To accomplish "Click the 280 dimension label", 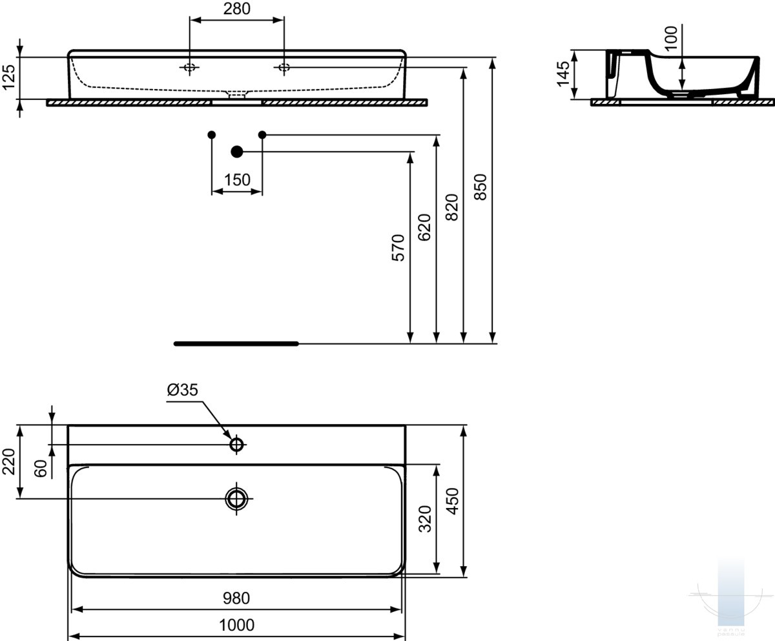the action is pyautogui.click(x=237, y=8).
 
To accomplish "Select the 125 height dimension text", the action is pyautogui.click(x=8, y=77).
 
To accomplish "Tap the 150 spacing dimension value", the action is pyautogui.click(x=237, y=180).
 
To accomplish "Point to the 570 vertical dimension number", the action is pyautogui.click(x=398, y=247).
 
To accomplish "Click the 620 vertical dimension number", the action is pyautogui.click(x=424, y=227).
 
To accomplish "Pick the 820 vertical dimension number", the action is pyautogui.click(x=451, y=207).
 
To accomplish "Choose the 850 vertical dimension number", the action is pyautogui.click(x=480, y=187).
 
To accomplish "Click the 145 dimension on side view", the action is pyautogui.click(x=563, y=74).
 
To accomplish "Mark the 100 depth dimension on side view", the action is pyautogui.click(x=671, y=38).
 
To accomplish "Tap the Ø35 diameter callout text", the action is pyautogui.click(x=183, y=390).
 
